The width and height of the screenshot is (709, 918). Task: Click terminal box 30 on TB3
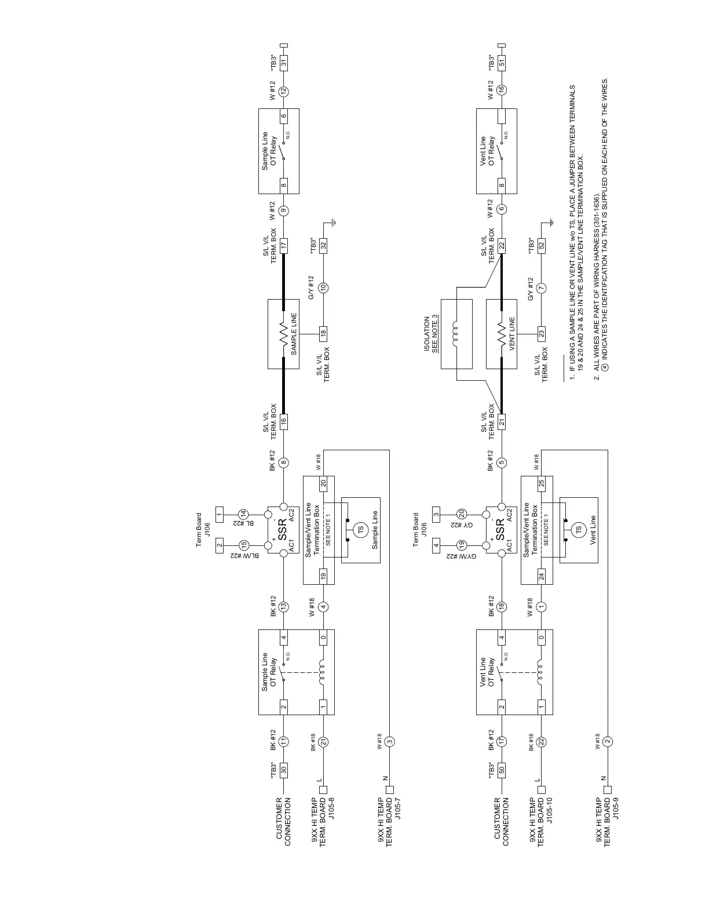284,769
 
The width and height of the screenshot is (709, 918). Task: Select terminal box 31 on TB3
284,62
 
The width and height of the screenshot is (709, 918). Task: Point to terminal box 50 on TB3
502,769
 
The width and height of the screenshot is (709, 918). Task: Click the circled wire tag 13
284,606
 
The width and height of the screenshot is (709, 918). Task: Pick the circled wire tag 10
324,287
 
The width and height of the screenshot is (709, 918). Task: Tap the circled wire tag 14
244,513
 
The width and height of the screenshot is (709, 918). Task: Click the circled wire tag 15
244,545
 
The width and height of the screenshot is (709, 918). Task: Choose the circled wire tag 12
284,90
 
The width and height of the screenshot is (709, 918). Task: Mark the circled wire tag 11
284,740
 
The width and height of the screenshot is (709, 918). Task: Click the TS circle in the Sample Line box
360,529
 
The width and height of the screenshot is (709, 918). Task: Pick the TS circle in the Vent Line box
578,529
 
